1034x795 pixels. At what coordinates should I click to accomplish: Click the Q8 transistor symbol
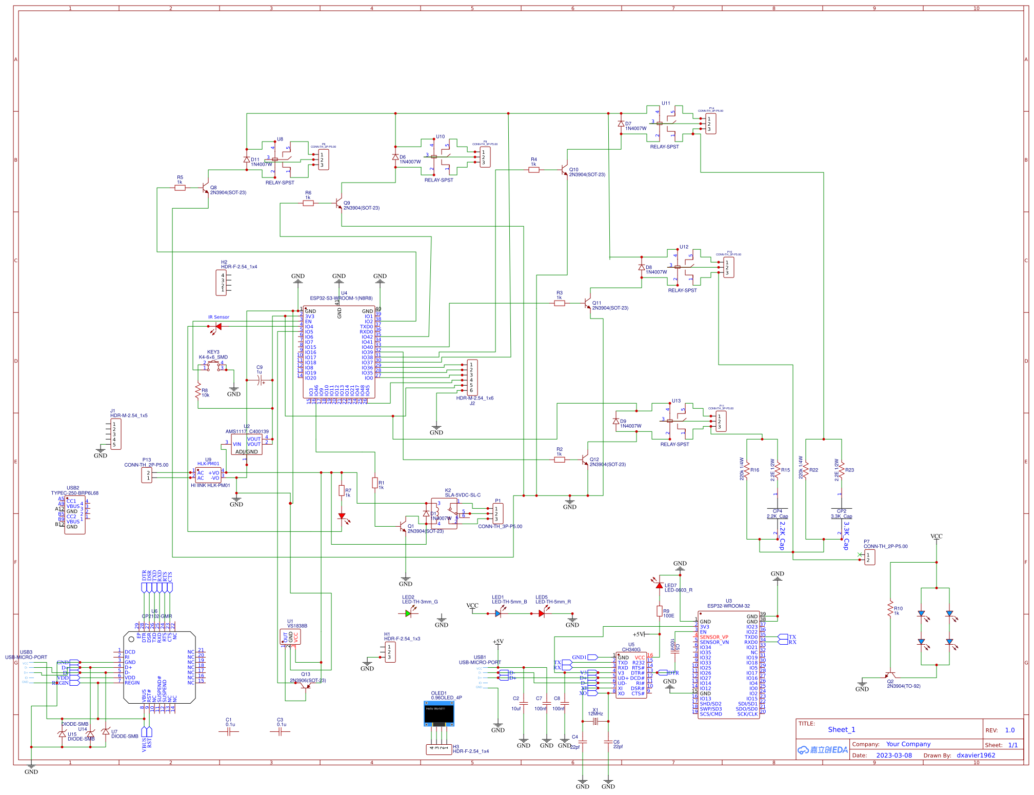[205, 188]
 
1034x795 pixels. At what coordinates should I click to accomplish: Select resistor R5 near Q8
[180, 188]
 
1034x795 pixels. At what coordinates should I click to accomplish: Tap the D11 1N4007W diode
[247, 160]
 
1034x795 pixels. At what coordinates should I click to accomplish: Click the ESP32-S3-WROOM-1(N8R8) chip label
[341, 298]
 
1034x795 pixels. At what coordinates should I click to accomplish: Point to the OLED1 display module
[439, 713]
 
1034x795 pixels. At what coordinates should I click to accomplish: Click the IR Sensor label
[218, 317]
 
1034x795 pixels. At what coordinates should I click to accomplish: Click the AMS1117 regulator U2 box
[247, 444]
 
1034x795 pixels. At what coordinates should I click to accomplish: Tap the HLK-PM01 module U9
[208, 475]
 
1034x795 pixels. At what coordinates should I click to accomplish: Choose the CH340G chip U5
[631, 675]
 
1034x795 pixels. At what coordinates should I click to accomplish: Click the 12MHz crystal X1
[595, 721]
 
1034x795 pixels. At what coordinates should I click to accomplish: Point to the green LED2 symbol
[408, 613]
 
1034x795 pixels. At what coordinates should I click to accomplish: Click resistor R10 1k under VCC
[890, 609]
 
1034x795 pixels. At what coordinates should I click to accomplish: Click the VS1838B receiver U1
[290, 637]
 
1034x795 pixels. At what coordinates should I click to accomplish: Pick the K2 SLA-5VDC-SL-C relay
[444, 513]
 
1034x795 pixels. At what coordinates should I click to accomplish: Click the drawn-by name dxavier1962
[976, 755]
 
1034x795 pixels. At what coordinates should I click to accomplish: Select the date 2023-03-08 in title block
[894, 755]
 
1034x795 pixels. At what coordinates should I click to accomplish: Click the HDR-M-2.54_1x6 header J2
[472, 377]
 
